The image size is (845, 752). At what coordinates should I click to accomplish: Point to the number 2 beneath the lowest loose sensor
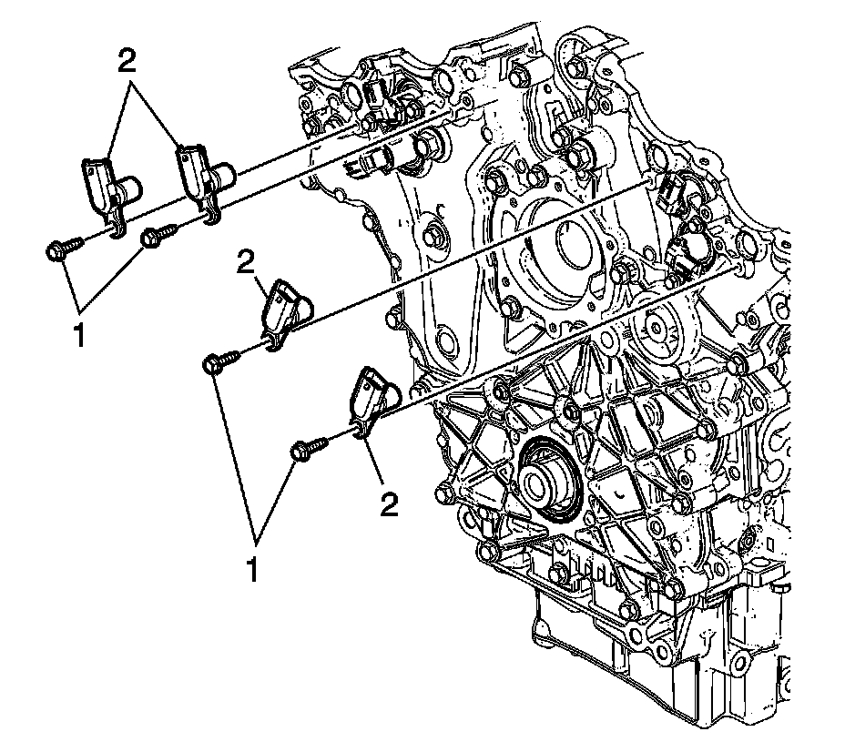coord(389,504)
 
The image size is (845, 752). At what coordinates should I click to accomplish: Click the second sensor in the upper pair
coord(206,178)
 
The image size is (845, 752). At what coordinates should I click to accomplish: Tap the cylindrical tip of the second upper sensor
coord(226,170)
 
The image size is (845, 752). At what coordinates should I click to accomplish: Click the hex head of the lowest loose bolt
coord(300,451)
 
